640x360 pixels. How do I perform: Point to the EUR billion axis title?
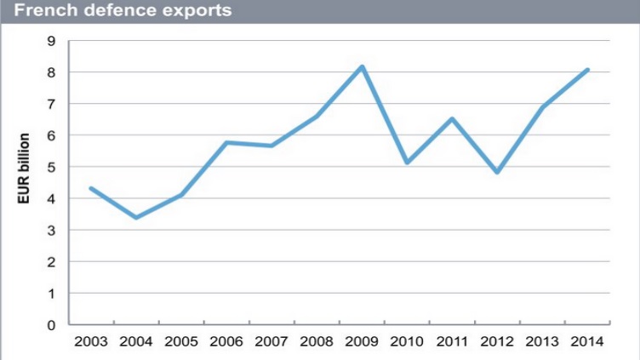pos(25,169)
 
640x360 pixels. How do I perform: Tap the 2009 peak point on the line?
pos(362,66)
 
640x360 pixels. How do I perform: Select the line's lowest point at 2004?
pos(136,218)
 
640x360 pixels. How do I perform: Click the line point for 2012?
pos(497,172)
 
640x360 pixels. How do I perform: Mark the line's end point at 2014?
pos(587,70)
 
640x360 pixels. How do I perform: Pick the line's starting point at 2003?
pos(91,188)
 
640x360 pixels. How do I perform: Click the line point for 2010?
pos(407,162)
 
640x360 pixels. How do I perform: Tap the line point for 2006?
pos(226,142)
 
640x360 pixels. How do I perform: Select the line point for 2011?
pos(452,119)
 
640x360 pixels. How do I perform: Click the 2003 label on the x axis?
pos(91,342)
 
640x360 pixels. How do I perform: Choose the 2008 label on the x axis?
pos(317,342)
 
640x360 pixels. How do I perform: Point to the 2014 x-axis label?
pos(587,342)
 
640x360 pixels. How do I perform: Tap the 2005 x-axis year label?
pos(181,342)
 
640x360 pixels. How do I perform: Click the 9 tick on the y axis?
pos(53,41)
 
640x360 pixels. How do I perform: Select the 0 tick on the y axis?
pos(53,324)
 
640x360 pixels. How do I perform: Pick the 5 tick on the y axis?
pos(53,167)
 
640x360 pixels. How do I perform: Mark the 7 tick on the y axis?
pos(53,104)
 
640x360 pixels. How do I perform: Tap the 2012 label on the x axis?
pos(497,342)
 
